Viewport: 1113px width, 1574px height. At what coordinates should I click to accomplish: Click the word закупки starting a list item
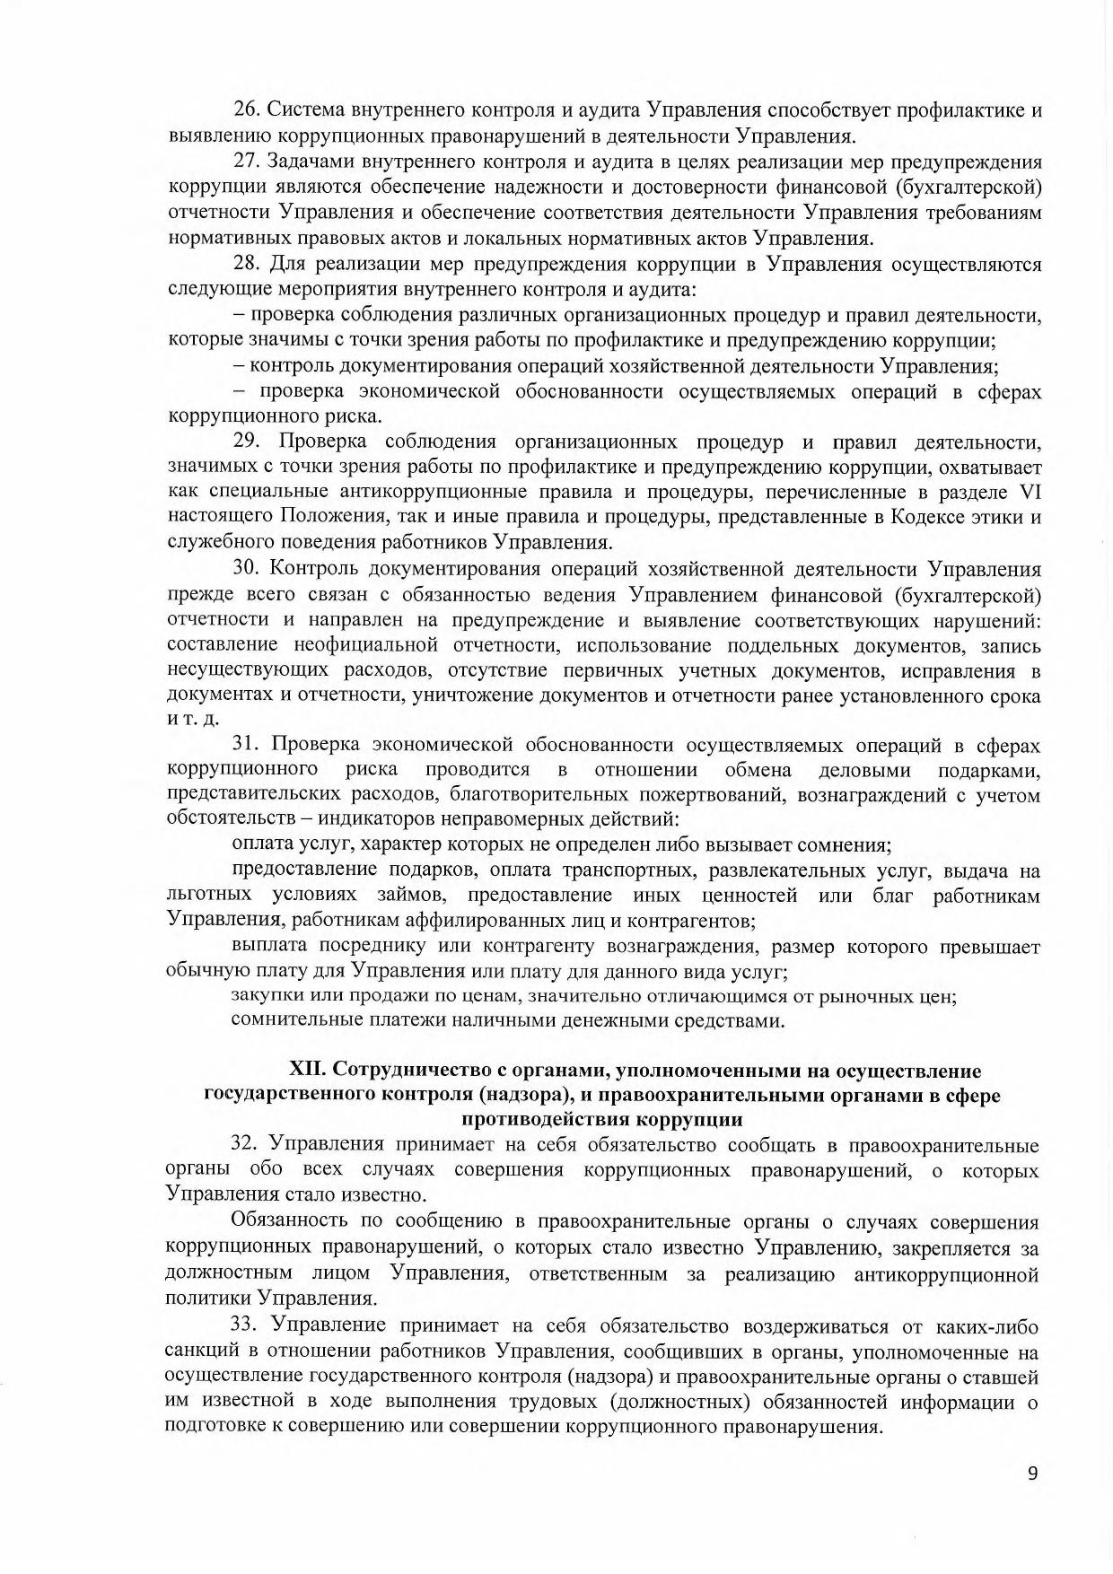click(261, 995)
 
